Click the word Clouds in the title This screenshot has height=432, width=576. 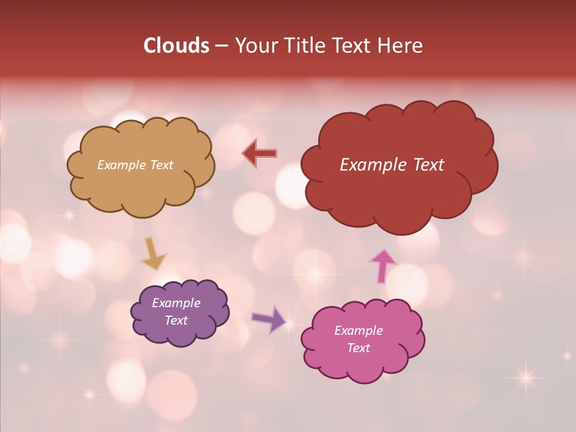tap(176, 46)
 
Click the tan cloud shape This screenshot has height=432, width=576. tap(140, 186)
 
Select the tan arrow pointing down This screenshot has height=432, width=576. tap(153, 253)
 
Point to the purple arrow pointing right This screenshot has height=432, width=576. tap(269, 319)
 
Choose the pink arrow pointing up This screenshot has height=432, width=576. tap(383, 265)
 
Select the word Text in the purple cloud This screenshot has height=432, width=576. tap(176, 320)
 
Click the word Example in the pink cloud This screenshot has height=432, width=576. tap(358, 330)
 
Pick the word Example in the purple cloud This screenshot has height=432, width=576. tap(176, 303)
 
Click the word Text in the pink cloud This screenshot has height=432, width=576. tap(358, 348)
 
